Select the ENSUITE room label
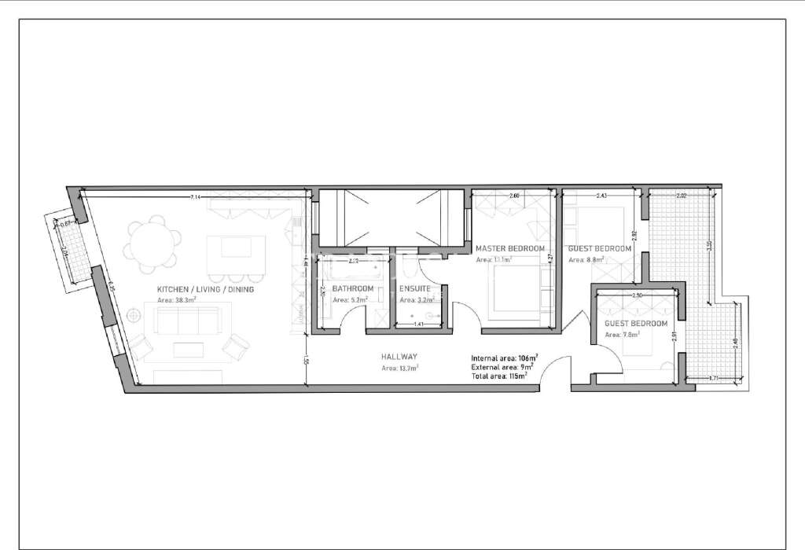click(414, 288)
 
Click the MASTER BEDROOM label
click(510, 248)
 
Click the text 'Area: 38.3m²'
click(176, 299)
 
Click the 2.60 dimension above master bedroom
click(514, 195)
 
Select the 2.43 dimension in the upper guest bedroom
click(601, 195)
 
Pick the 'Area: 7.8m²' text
click(622, 334)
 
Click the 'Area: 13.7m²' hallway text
click(399, 367)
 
